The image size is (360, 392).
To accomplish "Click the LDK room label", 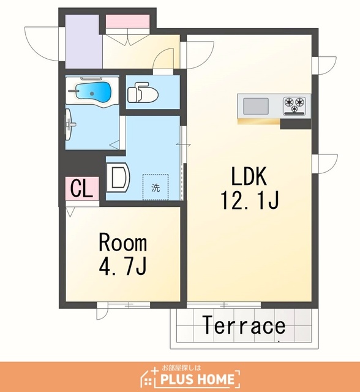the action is tap(249, 176).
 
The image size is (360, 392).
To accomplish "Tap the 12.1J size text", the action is tap(250, 200).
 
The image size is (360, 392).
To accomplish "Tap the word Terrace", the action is tap(244, 325).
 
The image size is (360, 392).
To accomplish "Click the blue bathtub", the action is tap(93, 92).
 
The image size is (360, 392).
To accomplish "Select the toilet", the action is tap(143, 92).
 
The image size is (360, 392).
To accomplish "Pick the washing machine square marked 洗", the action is tap(156, 187).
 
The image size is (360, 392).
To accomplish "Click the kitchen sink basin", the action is tap(256, 106).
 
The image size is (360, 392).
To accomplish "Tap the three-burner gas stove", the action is tap(294, 106).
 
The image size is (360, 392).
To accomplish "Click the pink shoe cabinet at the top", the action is tap(127, 21).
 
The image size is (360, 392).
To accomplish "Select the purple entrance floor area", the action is tap(84, 41).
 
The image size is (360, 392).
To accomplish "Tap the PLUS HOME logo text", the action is tap(197, 380).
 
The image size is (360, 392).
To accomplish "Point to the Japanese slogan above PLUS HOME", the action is tap(181, 368).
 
